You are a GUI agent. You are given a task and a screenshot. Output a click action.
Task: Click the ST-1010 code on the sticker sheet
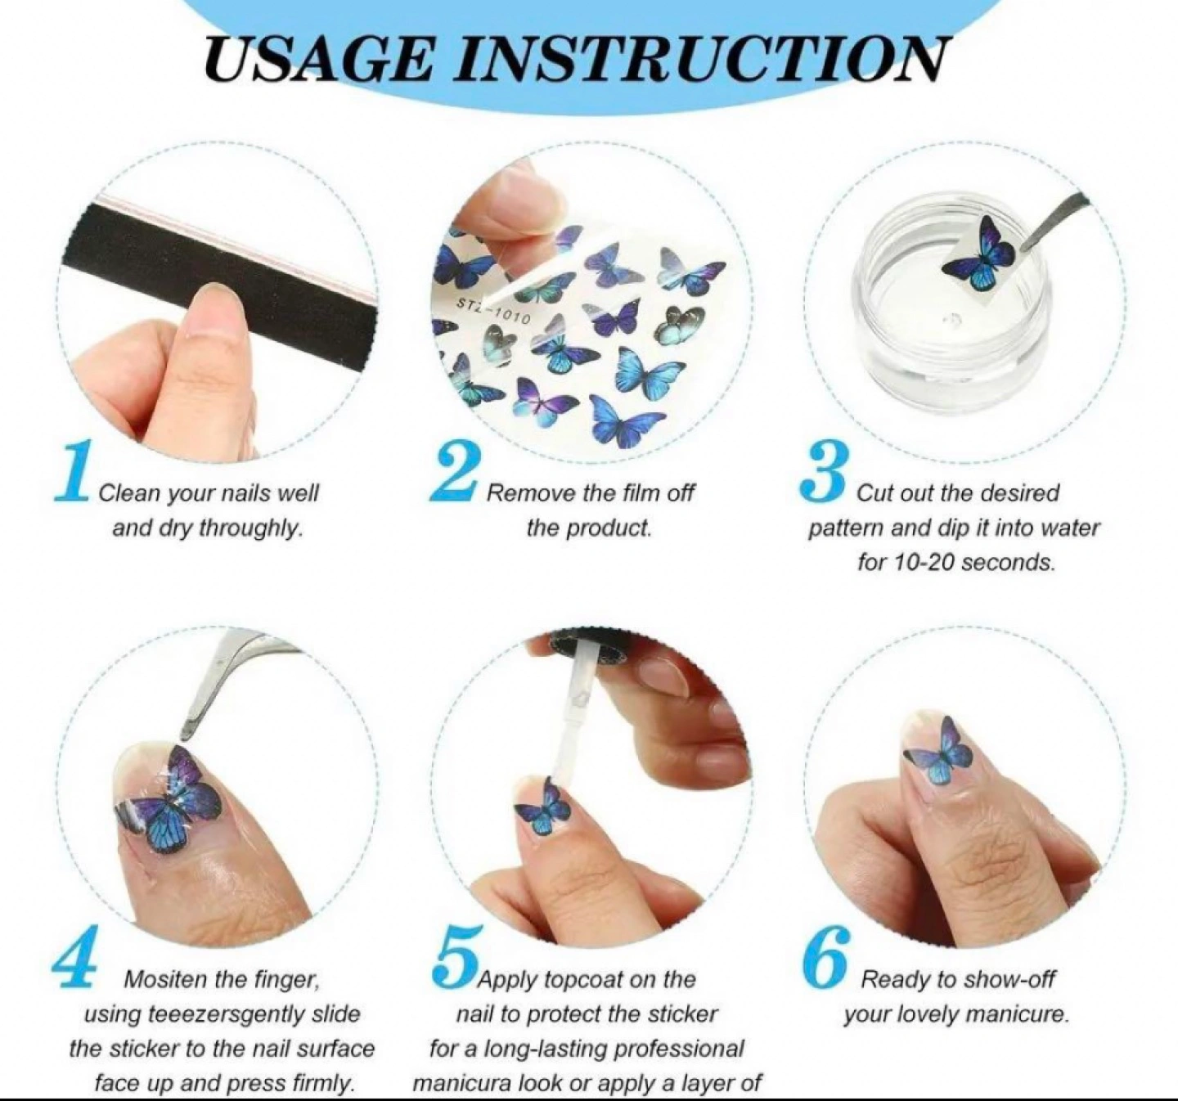pos(493,312)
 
